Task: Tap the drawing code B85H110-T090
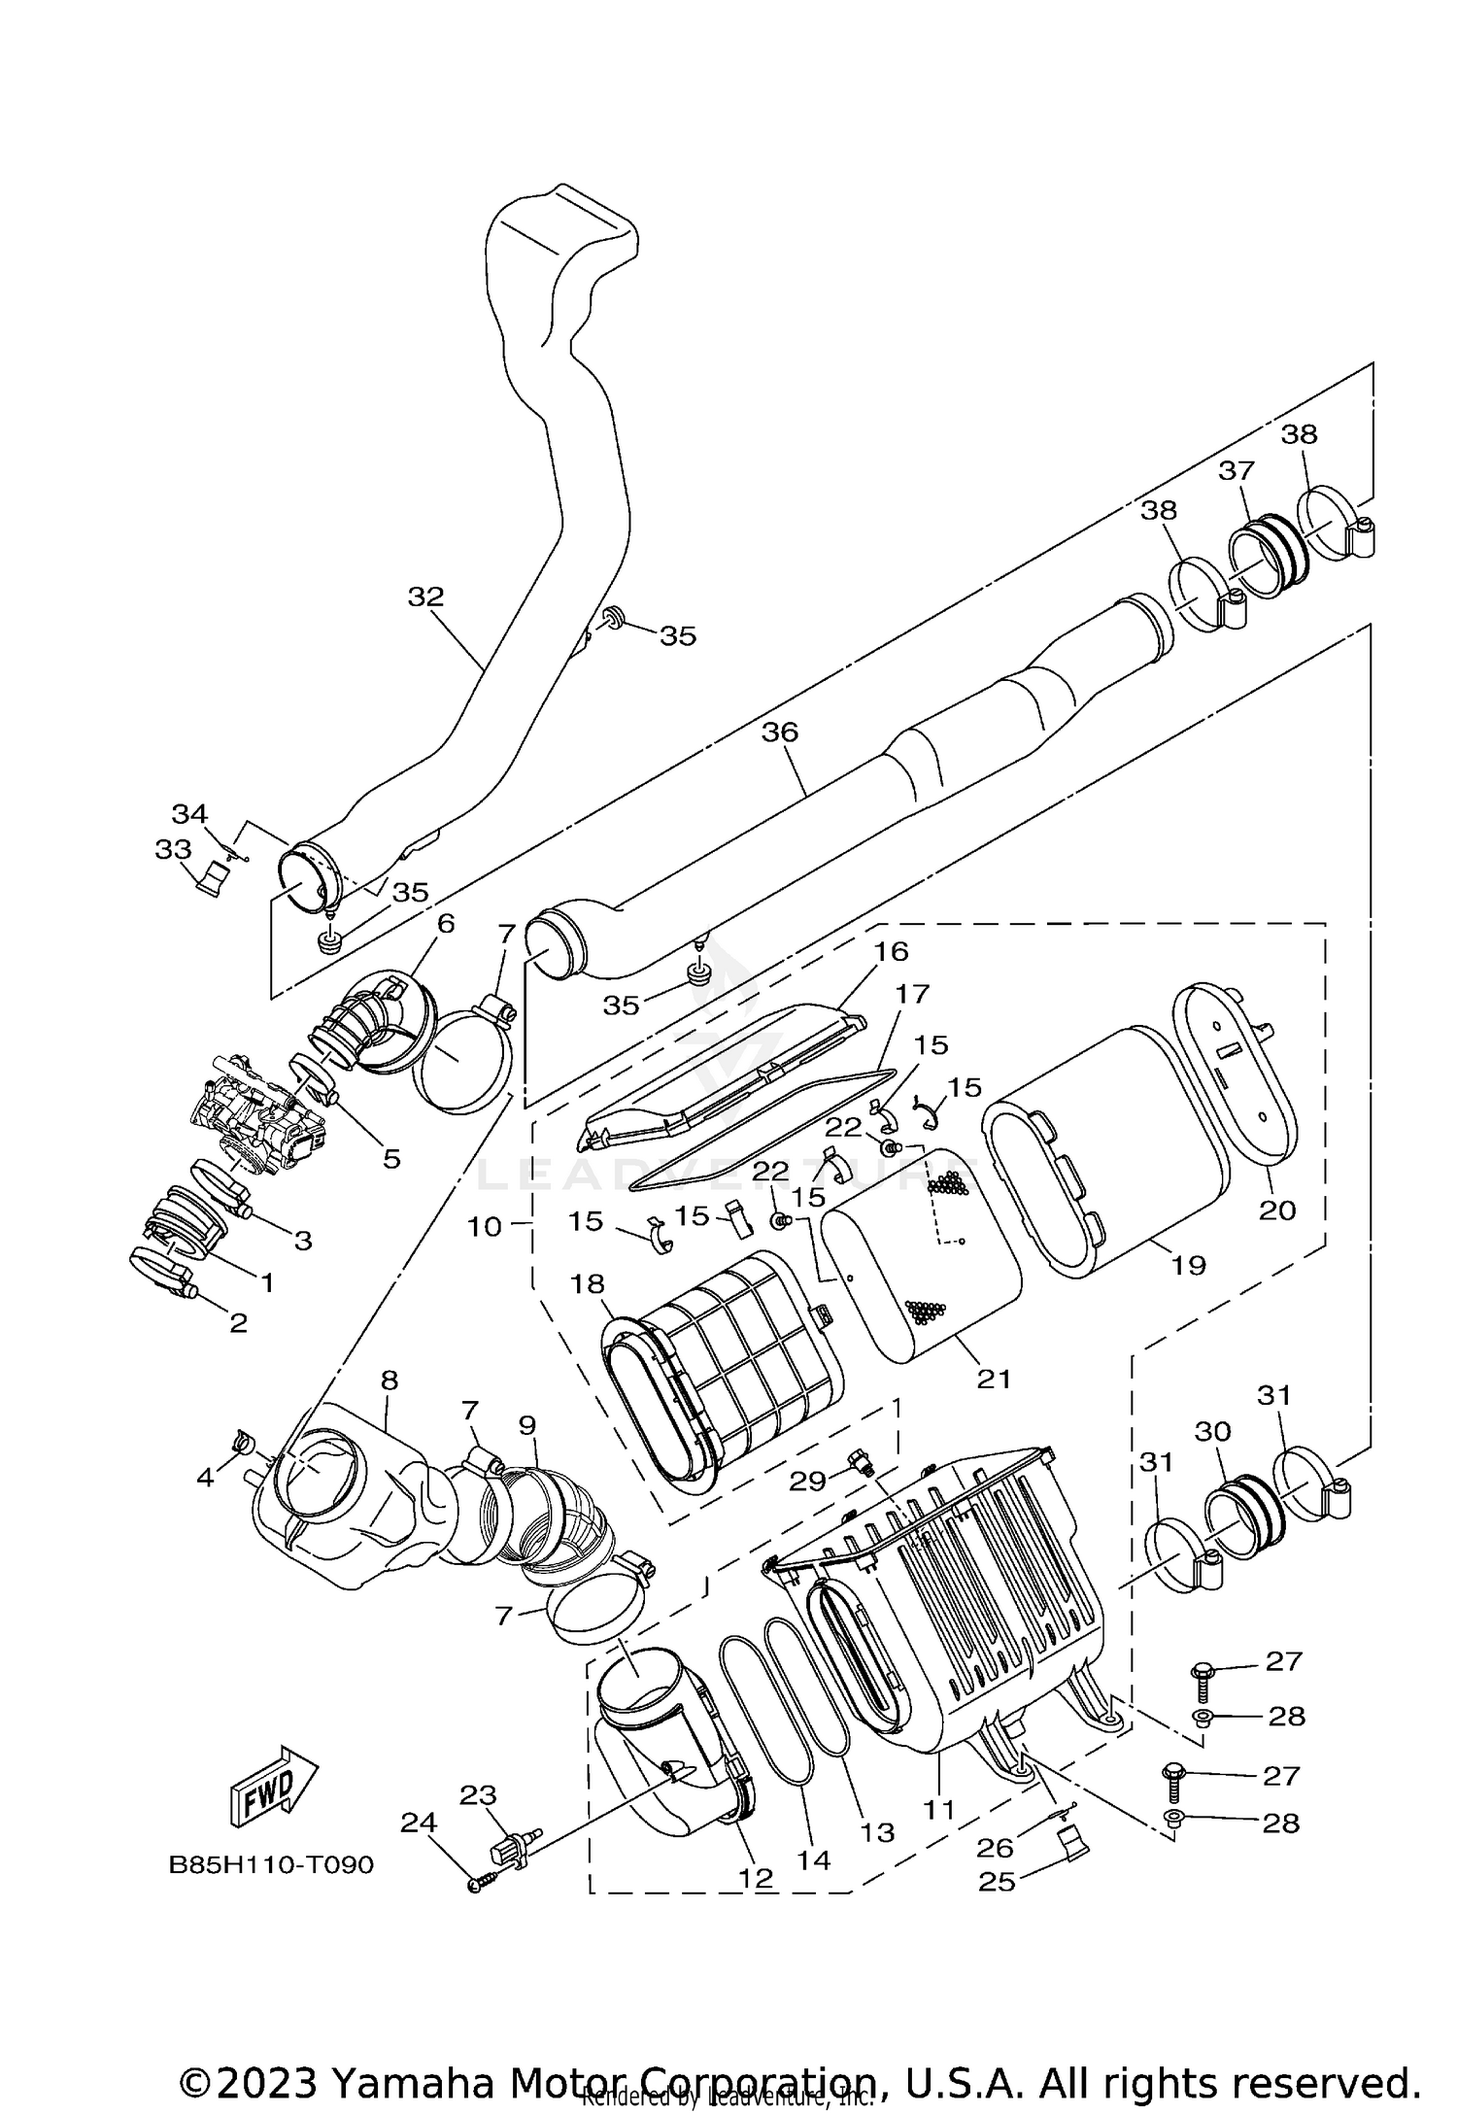point(271,1865)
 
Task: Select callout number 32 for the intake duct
point(424,597)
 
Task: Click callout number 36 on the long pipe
point(779,732)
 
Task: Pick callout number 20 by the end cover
point(1277,1210)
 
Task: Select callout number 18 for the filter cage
point(588,1284)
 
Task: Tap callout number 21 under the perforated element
point(994,1378)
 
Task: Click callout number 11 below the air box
point(939,1809)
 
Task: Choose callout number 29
point(807,1480)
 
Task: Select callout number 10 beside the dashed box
point(484,1226)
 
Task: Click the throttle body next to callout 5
point(257,1117)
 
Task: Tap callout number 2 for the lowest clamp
point(238,1321)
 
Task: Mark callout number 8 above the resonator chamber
point(390,1380)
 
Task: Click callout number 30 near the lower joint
point(1213,1431)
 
